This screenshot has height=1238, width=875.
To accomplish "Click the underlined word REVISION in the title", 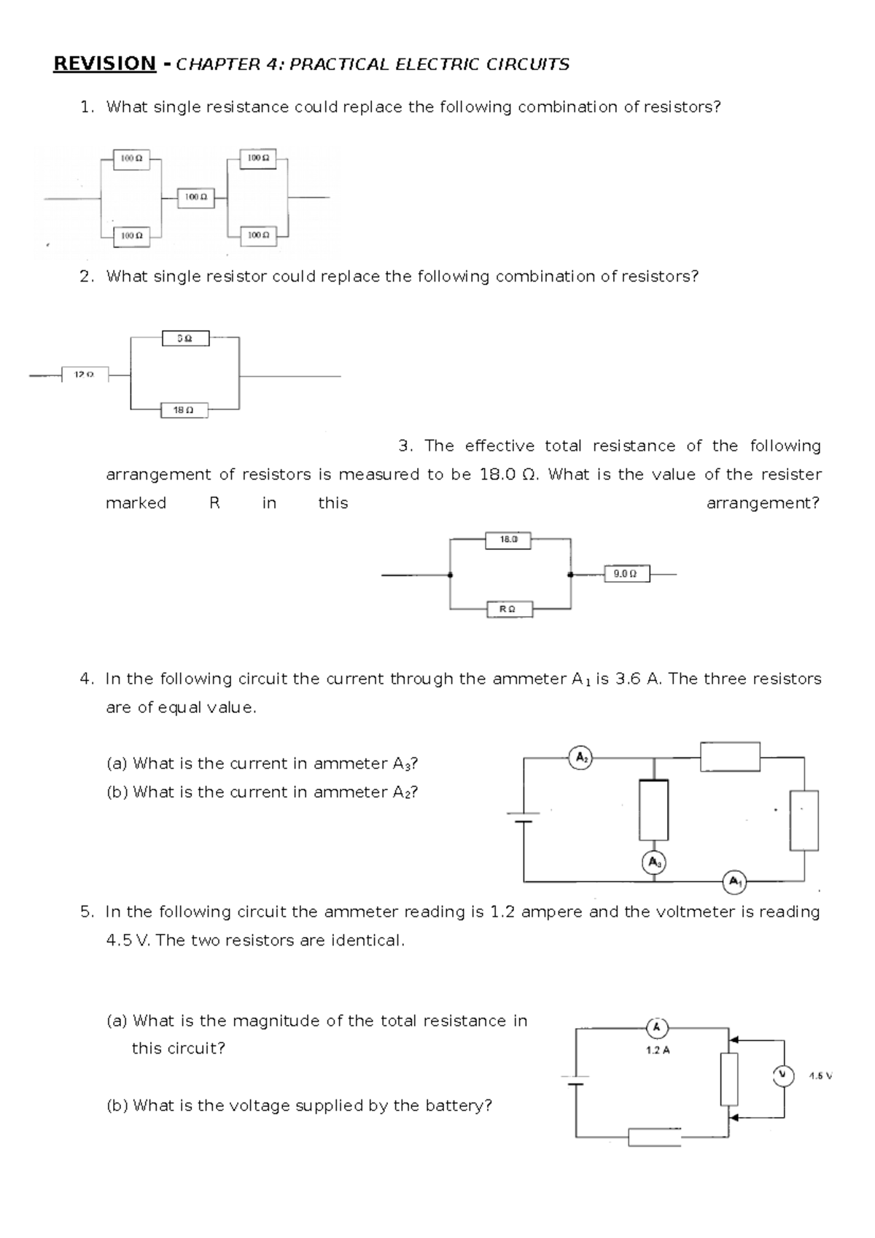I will (x=104, y=64).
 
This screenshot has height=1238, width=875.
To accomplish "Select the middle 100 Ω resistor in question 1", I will (x=196, y=197).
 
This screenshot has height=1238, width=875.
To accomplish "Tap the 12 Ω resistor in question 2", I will (x=85, y=375).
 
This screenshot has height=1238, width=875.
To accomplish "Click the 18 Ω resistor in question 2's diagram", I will (x=184, y=410).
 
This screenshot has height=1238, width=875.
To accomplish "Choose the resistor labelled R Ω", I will (x=509, y=609).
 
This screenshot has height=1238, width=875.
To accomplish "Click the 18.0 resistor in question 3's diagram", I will (x=508, y=540).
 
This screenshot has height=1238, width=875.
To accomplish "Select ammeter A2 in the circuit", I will (x=580, y=758).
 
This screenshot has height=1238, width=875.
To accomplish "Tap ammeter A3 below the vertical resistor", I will (x=654, y=863).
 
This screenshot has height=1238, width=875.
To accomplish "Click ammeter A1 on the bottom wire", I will (x=734, y=881).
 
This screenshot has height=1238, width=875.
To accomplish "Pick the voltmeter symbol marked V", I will (x=783, y=1075).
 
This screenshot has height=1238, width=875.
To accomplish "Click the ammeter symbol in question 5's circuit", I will (x=657, y=1028).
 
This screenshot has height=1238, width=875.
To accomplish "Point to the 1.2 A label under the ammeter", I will (x=658, y=1051).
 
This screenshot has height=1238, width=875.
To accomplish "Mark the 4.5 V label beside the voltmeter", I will (x=820, y=1075).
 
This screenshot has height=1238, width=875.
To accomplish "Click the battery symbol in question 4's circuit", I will (x=524, y=817).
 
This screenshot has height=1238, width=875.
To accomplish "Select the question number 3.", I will (x=405, y=446).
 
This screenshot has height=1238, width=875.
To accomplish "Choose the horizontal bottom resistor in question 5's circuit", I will (x=655, y=1137).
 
